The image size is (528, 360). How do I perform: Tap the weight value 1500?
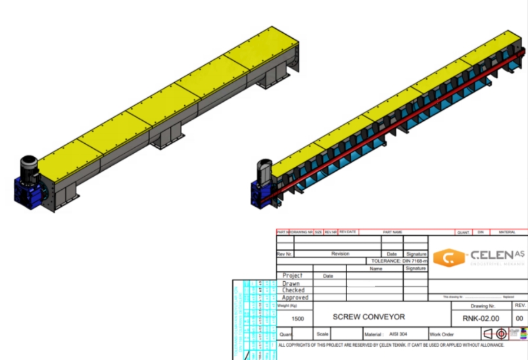[x=297, y=318]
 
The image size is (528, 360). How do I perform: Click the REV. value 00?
[x=519, y=318]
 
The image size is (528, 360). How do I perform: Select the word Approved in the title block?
[x=295, y=298]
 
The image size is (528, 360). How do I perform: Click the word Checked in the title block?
[x=293, y=290]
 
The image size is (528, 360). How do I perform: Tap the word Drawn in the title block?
[x=291, y=283]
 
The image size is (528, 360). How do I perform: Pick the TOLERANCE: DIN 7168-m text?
[x=399, y=261]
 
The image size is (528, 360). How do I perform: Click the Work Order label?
[x=442, y=334]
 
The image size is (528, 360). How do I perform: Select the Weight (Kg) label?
[x=289, y=305]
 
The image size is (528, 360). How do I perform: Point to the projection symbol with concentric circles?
[x=500, y=334]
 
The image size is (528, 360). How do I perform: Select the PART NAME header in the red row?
[x=393, y=232]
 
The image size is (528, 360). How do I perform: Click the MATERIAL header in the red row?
[x=507, y=232]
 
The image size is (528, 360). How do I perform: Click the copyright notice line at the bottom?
[x=391, y=344]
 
